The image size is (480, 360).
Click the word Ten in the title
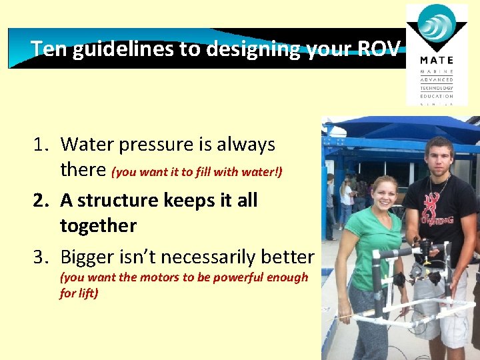pos(49,49)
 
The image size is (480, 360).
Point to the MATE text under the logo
pos(437,61)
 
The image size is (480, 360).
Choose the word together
pos(98,226)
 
